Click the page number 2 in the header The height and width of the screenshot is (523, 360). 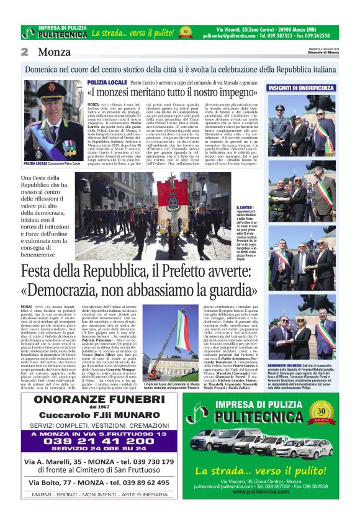tap(24, 52)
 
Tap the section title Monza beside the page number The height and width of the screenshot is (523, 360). tap(55, 52)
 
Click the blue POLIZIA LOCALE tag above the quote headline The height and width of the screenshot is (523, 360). tap(107, 83)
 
